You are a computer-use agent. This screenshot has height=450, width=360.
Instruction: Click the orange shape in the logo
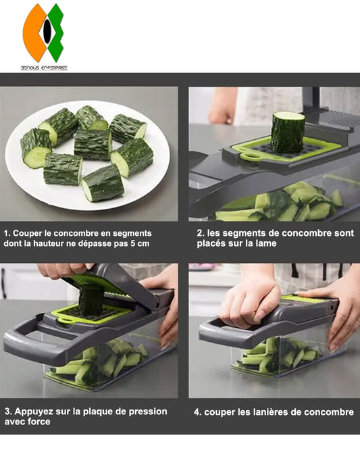coord(32,33)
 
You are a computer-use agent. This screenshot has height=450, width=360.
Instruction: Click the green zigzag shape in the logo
coord(56,32)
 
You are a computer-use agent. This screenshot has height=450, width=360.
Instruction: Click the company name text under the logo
coord(44,68)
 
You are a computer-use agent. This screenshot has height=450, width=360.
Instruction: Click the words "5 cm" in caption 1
coord(140,244)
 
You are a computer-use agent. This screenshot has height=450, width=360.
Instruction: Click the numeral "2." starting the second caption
coord(201,233)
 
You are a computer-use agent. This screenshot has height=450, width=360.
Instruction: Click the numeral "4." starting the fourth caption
coord(198,413)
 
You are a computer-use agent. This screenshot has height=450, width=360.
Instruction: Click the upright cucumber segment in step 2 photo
coord(288,132)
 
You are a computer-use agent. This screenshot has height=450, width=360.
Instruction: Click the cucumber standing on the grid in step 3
coord(91,299)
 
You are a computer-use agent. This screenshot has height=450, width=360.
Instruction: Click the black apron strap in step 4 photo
coord(294,272)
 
